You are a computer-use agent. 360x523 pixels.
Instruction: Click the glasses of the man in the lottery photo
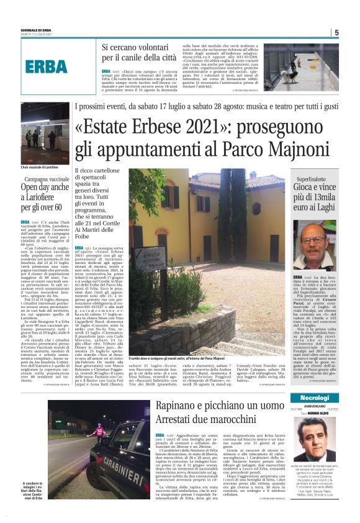pos(314,239)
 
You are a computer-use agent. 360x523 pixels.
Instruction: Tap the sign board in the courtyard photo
pos(148,255)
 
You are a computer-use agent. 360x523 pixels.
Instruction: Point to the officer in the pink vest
pos(99,430)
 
